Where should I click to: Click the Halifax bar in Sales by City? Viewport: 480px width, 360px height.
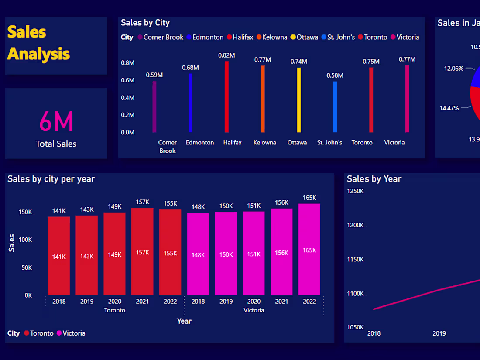tap(226, 97)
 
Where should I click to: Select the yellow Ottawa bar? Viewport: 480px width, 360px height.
tap(299, 100)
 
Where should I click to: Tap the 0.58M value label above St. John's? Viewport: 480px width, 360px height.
tap(335, 75)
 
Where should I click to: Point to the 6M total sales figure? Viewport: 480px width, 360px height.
tap(56, 122)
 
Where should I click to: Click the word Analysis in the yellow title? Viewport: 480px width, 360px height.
tap(38, 54)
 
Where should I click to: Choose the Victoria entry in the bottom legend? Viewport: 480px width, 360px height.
tap(74, 333)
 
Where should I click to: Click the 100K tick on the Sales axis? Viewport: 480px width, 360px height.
tap(25, 240)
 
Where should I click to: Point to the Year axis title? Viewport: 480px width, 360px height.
tap(184, 321)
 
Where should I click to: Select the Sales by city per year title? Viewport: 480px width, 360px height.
tap(51, 178)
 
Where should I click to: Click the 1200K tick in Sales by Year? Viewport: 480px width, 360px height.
tap(355, 225)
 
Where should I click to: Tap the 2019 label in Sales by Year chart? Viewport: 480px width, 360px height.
tap(439, 333)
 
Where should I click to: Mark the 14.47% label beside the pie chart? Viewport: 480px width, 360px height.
tap(449, 108)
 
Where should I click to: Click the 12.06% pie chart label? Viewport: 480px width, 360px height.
tap(454, 69)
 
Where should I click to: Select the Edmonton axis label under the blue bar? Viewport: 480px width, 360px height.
tap(200, 143)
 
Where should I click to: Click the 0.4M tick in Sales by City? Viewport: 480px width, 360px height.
tap(127, 97)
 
